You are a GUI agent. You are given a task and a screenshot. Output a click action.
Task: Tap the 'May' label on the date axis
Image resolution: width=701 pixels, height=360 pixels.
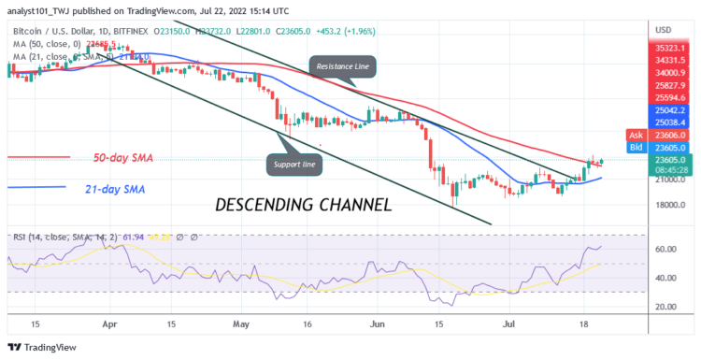click(x=242, y=324)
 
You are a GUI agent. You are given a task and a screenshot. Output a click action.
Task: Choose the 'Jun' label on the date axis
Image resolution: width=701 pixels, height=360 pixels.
click(x=378, y=324)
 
